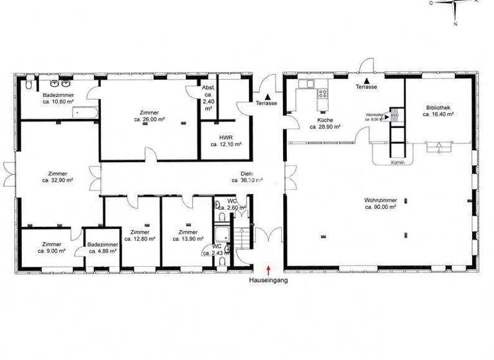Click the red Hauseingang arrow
268,270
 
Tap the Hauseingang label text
268,281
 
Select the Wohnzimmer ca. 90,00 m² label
380,204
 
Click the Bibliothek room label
439,111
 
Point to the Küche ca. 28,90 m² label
325,123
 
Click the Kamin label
396,163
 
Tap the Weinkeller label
375,117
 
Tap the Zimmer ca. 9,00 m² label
52,248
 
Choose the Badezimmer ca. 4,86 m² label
102,248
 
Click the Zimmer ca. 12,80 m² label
140,235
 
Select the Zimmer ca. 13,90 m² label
188,235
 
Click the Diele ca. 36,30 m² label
247,177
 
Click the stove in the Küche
323,95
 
